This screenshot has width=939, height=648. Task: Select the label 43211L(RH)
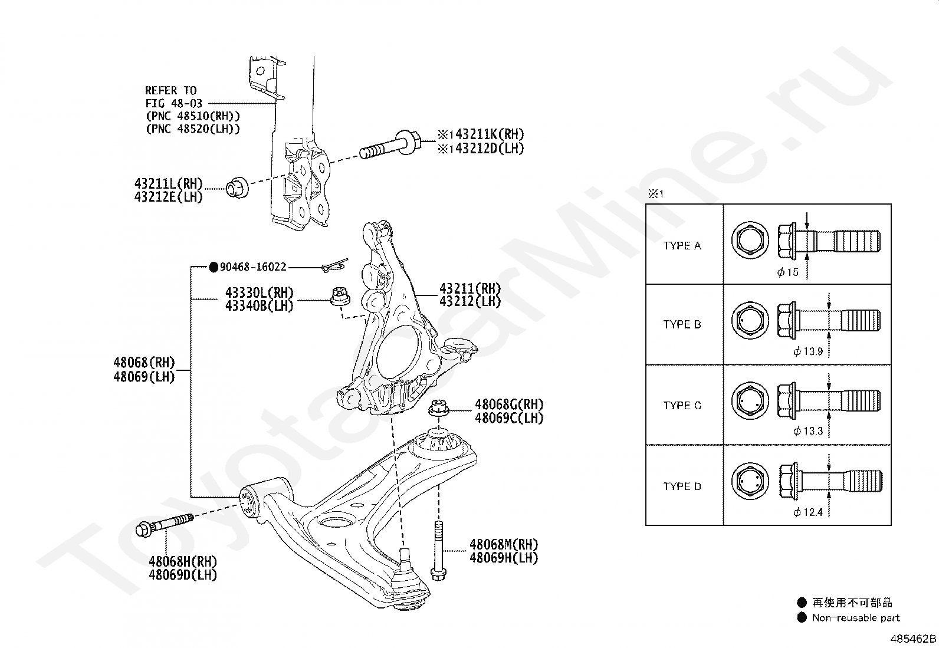tap(168, 184)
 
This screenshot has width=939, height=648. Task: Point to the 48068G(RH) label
tap(509, 405)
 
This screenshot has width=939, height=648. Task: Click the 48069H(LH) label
tap(504, 557)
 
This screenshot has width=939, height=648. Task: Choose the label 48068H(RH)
tap(183, 562)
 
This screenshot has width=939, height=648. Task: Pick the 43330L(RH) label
tap(259, 293)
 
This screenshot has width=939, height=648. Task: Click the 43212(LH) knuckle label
tap(469, 302)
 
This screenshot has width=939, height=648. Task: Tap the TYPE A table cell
tap(682, 246)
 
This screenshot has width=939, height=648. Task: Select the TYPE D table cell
tap(682, 486)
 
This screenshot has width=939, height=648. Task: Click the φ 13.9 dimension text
tap(808, 351)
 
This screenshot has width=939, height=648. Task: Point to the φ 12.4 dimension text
tap(808, 512)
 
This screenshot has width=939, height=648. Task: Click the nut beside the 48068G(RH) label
tap(438, 408)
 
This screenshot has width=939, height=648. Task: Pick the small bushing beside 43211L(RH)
tap(237, 187)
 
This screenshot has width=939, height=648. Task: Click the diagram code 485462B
tap(912, 639)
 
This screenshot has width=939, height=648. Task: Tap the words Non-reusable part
tap(856, 618)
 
